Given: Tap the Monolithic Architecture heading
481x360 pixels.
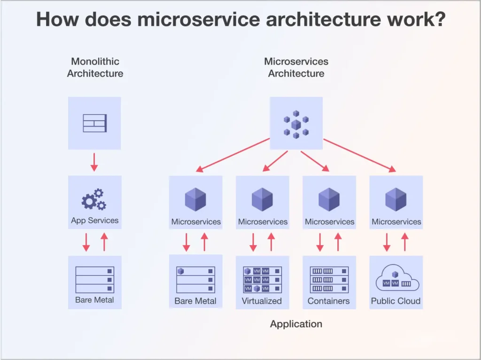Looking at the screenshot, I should coord(95,67).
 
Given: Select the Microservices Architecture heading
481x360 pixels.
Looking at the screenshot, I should coord(296,67).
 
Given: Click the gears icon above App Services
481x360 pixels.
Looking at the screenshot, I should coord(94,199).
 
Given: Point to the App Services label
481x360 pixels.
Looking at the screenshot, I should coord(95,220).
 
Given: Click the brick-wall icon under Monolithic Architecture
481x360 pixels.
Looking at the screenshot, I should coord(94,123).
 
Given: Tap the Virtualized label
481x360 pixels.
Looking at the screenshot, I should coord(262,301).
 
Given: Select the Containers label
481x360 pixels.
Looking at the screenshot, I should coord(329,301).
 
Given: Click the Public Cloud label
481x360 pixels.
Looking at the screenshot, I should coord(396,301).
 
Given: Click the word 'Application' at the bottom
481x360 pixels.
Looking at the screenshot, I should coord(296,324).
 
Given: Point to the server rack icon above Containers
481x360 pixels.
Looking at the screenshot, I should coord(329,279).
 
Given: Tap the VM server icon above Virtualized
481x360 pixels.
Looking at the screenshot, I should coord(262,279).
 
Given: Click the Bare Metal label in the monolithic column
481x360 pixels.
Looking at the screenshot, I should coord(94,300).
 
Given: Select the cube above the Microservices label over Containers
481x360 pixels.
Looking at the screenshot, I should coord(329,199).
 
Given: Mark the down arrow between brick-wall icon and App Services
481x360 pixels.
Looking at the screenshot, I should coord(94,162).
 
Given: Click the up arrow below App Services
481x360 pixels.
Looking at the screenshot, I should coord(104,242).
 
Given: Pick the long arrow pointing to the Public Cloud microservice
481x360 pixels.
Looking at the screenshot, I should coord(359,155).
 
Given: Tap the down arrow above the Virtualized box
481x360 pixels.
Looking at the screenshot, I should coord(253,242).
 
